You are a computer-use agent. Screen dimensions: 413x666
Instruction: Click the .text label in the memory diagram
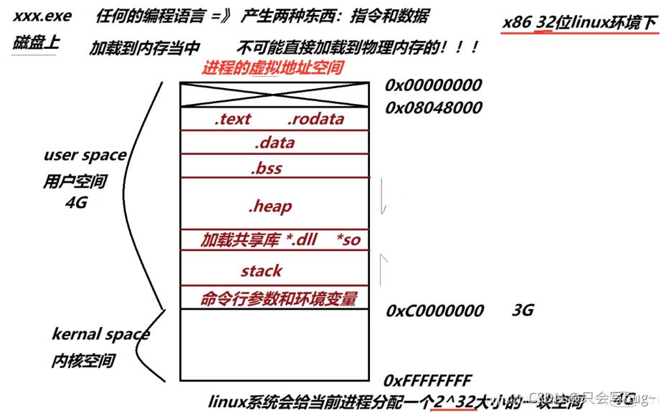point(232,119)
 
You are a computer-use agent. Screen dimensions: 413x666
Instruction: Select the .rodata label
point(315,119)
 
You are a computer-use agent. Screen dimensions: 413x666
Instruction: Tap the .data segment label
point(274,143)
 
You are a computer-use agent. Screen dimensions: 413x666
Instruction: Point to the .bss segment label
point(266,168)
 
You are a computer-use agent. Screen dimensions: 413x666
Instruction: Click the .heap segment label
point(270,206)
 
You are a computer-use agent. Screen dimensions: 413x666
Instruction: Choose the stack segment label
point(261,271)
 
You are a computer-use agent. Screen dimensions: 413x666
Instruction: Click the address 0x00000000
point(433,85)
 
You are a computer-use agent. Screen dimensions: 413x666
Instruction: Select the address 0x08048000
point(433,108)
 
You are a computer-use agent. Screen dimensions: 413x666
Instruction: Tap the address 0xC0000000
point(434,311)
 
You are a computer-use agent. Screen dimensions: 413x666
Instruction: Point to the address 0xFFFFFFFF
point(428,379)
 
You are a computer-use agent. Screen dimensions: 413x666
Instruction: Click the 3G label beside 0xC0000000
point(523,310)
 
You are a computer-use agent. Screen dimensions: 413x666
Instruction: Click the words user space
point(85,155)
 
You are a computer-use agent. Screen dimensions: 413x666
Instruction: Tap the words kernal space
point(100,333)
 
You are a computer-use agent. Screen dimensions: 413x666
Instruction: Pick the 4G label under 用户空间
point(75,202)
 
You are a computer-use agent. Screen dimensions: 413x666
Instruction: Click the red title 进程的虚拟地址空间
point(272,68)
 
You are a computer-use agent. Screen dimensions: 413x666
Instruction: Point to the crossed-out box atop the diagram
point(274,95)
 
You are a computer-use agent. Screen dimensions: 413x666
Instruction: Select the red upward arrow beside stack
point(384,267)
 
